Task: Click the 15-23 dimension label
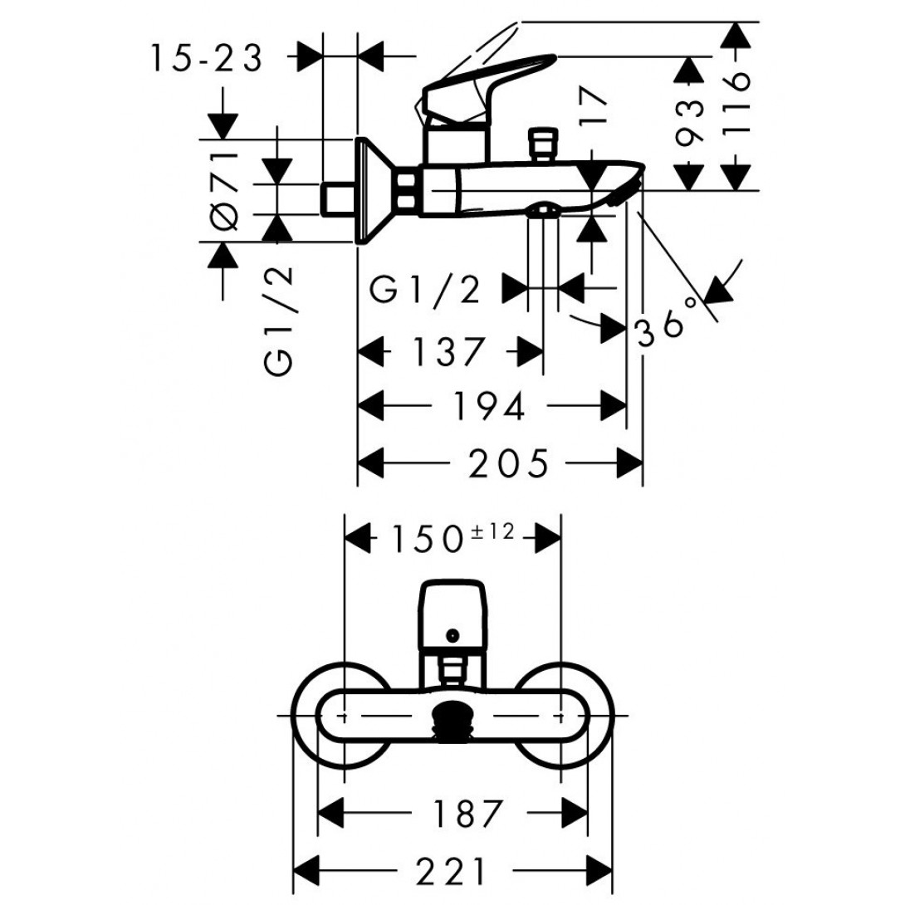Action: [207, 58]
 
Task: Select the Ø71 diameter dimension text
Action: [224, 190]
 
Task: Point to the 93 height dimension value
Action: [690, 122]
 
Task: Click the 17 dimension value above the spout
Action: [594, 105]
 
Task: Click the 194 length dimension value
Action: [488, 406]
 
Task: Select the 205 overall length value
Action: [508, 463]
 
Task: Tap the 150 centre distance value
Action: [428, 541]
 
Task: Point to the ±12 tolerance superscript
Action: [492, 531]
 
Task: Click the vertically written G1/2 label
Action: [280, 321]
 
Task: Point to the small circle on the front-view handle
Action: [452, 636]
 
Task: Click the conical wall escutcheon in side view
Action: [376, 191]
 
